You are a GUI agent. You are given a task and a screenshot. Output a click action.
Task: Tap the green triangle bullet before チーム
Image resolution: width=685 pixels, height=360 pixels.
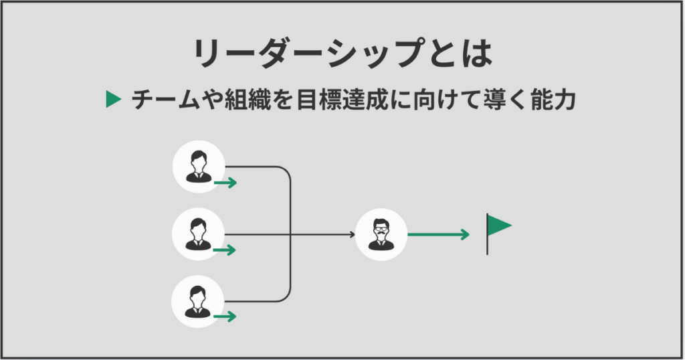tap(113, 100)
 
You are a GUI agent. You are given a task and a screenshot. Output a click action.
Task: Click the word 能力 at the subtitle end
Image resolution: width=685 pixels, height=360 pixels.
tap(556, 100)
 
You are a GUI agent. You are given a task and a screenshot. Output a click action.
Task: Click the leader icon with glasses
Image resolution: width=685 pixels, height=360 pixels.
tap(381, 234)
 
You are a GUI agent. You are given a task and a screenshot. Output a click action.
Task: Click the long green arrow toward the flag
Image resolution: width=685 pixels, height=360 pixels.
tap(438, 234)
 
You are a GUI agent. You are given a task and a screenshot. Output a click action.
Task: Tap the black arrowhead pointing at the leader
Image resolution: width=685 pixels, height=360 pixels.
tap(351, 234)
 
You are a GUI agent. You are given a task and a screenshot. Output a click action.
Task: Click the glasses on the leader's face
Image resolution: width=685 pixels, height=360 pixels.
tap(381, 230)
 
